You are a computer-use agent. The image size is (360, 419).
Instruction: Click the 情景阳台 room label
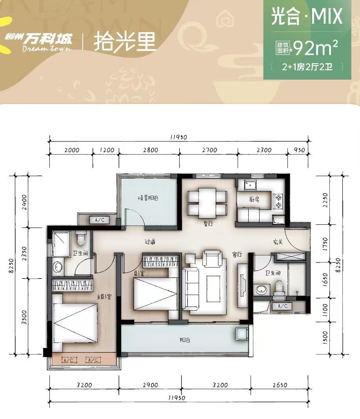148,198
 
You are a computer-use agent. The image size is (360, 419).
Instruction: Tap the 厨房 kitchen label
254,199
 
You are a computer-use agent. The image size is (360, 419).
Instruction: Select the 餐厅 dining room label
208,223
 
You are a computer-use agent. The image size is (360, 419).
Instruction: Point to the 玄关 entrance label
278,242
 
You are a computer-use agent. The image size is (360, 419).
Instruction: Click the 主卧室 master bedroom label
104,297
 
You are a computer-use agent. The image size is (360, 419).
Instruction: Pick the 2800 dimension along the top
151,150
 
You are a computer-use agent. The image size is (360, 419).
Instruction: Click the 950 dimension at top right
299,150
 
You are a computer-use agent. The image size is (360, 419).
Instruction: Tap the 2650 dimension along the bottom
280,385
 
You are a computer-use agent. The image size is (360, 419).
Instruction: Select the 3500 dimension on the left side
24,317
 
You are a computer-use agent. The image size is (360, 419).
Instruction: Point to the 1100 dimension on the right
325,310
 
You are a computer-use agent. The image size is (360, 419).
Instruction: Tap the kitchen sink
251,185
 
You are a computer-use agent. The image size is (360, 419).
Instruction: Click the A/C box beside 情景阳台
100,220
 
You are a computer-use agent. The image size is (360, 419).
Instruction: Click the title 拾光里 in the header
125,42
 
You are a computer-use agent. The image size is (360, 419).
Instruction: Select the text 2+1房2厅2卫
307,67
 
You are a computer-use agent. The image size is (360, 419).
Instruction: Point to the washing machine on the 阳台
242,333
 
